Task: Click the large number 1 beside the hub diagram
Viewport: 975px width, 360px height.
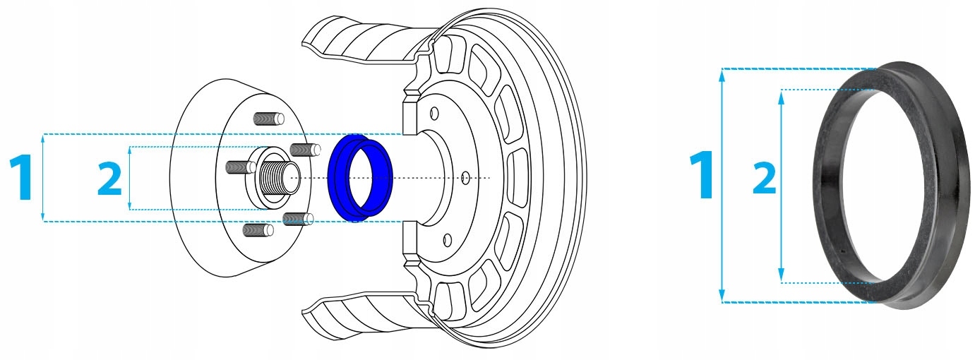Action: (x=22, y=176)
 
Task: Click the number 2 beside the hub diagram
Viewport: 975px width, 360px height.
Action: (x=109, y=179)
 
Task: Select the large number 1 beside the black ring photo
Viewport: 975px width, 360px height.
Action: (x=702, y=175)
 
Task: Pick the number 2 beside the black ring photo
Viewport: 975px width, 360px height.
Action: (x=765, y=178)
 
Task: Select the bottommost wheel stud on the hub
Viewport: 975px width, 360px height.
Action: (x=258, y=230)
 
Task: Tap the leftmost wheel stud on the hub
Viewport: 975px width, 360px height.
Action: (x=241, y=167)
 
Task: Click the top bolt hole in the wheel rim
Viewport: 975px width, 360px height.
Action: (x=433, y=114)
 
